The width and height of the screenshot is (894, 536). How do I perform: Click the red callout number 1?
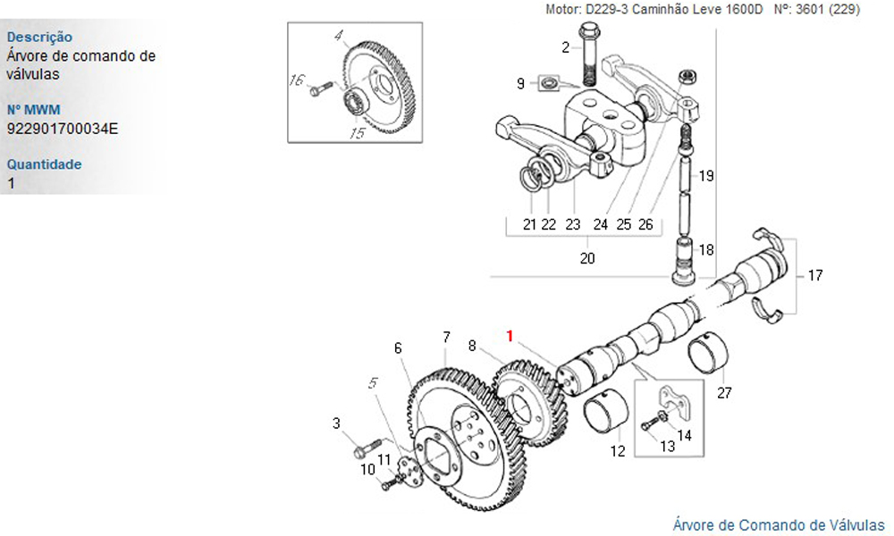click(x=510, y=336)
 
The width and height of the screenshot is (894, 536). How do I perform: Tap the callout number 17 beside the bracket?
click(x=814, y=275)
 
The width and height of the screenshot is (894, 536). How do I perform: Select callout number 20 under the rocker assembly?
click(x=587, y=259)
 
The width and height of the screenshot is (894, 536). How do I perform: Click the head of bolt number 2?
click(x=588, y=33)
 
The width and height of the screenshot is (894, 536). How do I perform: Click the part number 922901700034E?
click(x=62, y=129)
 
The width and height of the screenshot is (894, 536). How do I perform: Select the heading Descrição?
click(x=39, y=38)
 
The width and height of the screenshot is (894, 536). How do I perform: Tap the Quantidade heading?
click(x=44, y=164)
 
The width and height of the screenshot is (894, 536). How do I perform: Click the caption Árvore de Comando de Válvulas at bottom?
click(x=778, y=523)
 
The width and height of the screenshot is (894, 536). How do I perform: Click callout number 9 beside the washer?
click(x=519, y=84)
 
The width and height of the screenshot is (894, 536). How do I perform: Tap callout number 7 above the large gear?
click(x=445, y=338)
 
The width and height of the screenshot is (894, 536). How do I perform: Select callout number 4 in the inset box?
click(x=339, y=37)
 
